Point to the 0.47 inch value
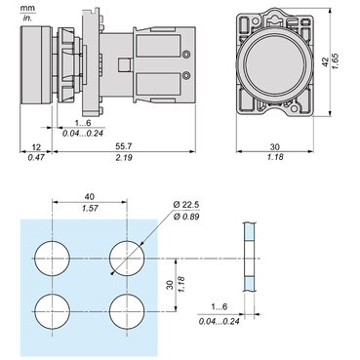[x=36, y=156]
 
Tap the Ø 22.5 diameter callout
[x=186, y=204]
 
